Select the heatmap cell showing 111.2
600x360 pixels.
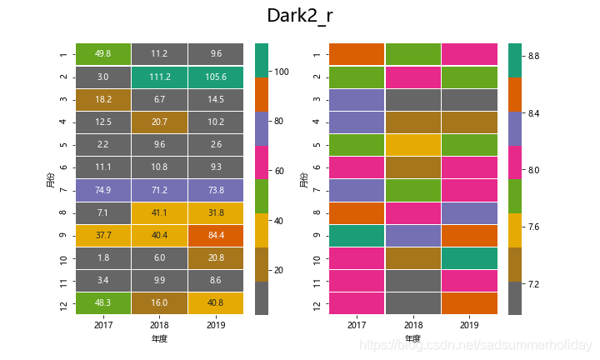[x=159, y=76]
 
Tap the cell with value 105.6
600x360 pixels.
[x=216, y=76]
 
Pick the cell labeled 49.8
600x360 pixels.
[x=103, y=53]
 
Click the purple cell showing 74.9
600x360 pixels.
[x=103, y=189]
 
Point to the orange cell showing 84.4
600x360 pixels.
[x=216, y=235]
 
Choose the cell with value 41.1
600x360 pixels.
[x=159, y=212]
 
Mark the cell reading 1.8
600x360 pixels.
[x=103, y=257]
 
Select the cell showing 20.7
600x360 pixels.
[x=159, y=122]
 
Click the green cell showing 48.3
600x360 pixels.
[x=103, y=303]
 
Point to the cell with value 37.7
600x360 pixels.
[x=103, y=235]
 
